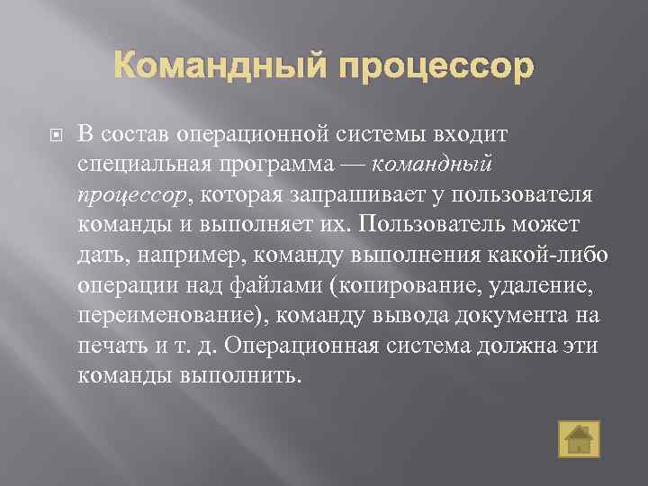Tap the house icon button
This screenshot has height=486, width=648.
(x=577, y=437)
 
